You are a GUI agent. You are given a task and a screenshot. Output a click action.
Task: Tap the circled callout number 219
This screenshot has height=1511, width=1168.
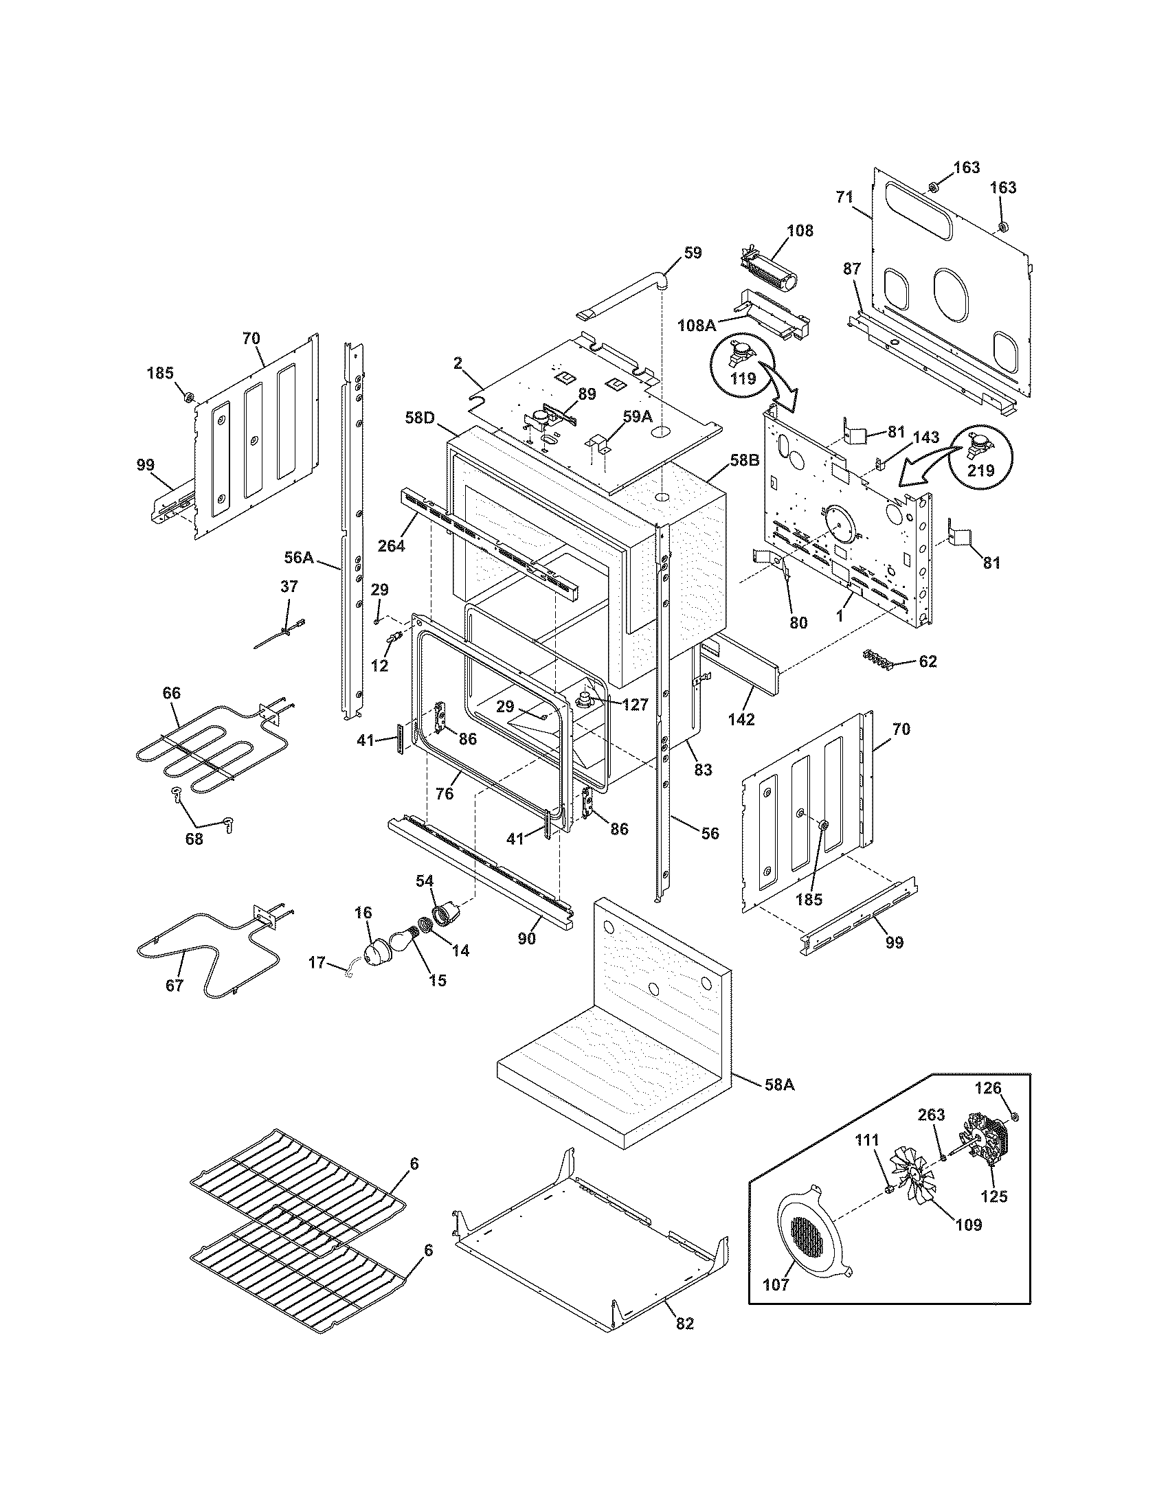tap(980, 470)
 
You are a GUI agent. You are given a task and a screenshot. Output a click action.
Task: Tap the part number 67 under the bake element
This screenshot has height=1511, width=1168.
tap(175, 985)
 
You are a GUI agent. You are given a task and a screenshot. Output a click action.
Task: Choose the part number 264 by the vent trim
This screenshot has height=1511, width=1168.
tap(392, 545)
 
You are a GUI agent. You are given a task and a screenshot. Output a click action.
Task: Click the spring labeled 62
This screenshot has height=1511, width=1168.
tap(878, 659)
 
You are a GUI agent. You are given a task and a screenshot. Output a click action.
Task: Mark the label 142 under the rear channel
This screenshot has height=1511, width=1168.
tap(741, 719)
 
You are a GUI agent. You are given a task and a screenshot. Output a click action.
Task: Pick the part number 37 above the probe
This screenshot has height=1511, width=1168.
tap(289, 587)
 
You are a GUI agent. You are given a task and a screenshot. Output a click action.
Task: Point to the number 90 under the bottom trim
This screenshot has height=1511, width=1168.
tap(527, 940)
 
